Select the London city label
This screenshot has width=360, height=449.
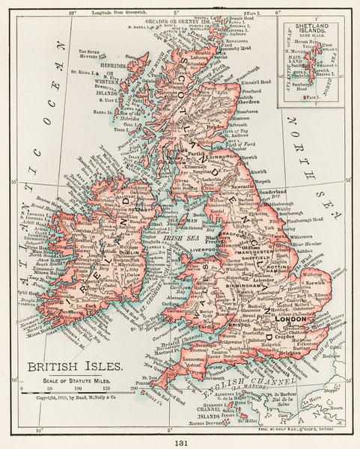[293, 320]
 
